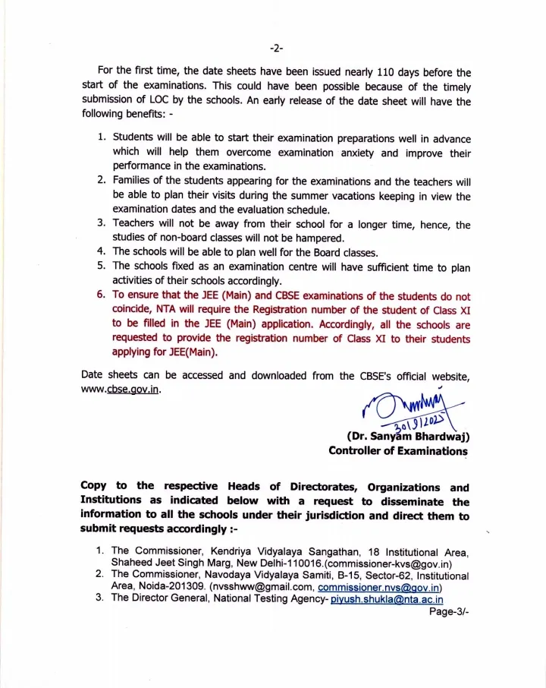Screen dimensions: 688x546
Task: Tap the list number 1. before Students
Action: click(102, 139)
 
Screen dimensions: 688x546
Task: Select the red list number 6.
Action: click(102, 295)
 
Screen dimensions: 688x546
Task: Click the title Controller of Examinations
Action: click(398, 451)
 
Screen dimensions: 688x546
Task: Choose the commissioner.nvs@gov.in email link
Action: click(380, 587)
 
